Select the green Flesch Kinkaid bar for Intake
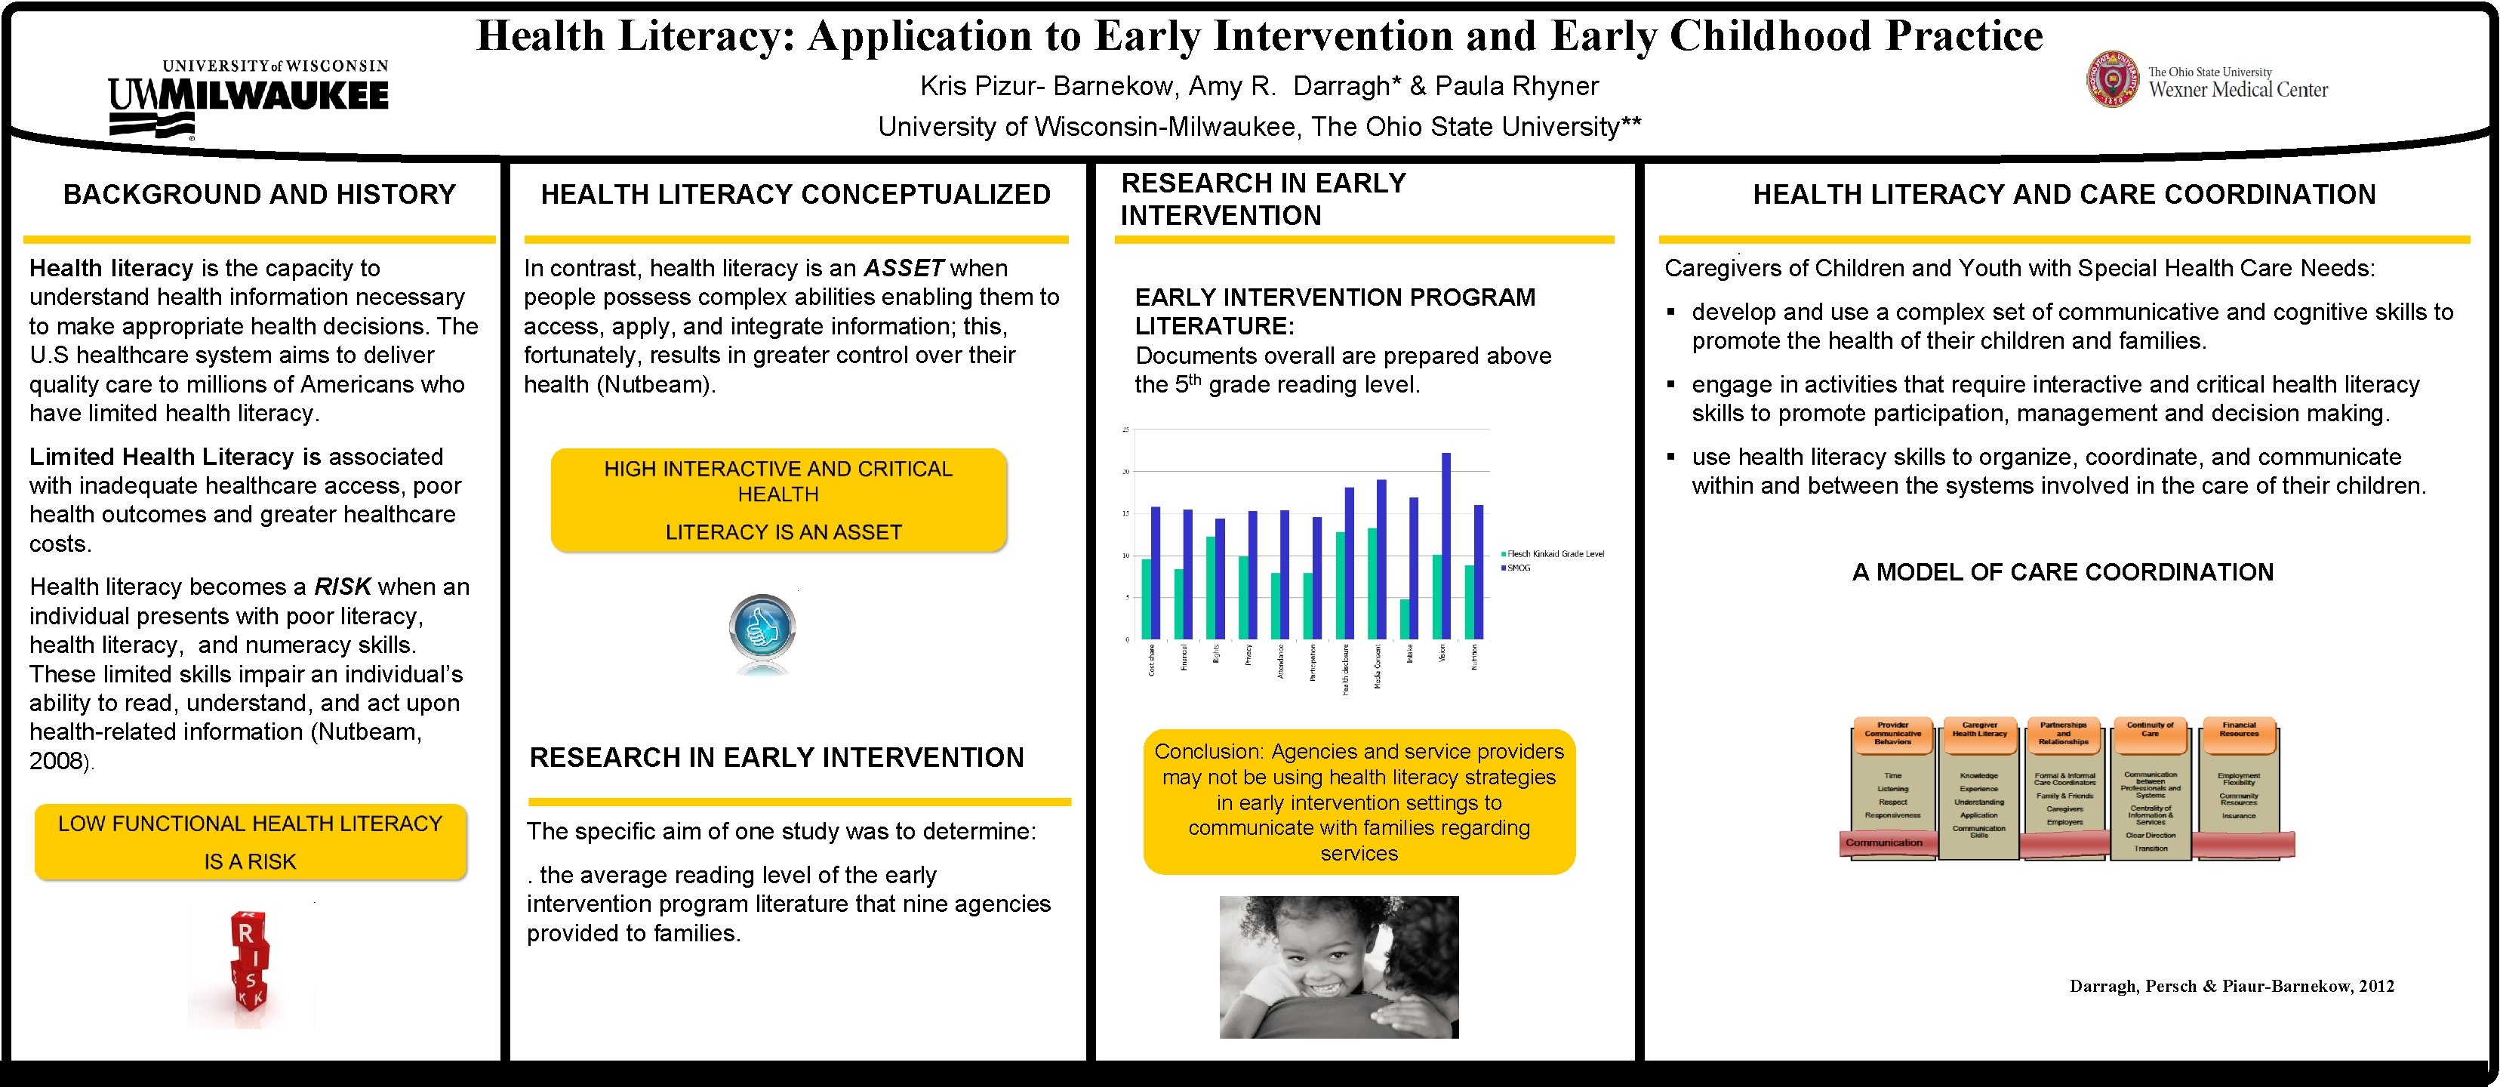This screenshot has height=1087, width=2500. click(1404, 619)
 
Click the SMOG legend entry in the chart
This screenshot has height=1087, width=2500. click(1519, 568)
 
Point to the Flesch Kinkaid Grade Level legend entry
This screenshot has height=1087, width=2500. click(1553, 554)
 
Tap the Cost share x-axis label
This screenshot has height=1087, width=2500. click(1152, 660)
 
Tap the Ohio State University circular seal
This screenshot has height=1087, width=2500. click(2112, 79)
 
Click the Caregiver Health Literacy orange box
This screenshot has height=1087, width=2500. click(1980, 730)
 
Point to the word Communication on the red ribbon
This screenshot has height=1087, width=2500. click(1884, 842)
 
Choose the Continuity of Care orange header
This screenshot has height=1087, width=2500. click(2151, 730)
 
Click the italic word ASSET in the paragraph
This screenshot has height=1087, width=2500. click(904, 268)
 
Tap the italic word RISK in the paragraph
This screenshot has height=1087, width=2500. click(343, 587)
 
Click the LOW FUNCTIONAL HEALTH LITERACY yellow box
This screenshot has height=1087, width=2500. click(251, 842)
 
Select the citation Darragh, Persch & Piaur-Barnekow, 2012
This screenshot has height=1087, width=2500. click(2232, 986)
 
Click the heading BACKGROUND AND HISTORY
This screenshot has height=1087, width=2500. click(259, 195)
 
